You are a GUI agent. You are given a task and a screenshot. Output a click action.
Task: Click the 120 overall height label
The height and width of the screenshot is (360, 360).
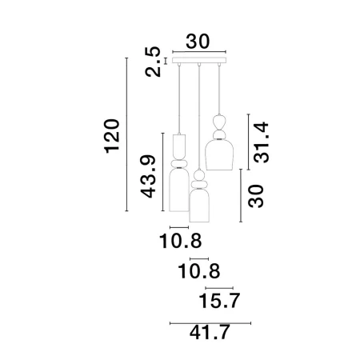[x=112, y=136]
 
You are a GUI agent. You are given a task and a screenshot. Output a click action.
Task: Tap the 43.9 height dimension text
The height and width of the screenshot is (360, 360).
[x=148, y=176]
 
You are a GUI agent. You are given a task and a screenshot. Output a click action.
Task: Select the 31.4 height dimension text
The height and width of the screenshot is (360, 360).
[x=261, y=142]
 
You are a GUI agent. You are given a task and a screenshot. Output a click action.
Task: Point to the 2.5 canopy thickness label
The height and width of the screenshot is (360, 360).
[x=153, y=62]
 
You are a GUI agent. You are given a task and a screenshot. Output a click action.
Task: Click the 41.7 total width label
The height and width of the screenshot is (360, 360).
[x=210, y=332]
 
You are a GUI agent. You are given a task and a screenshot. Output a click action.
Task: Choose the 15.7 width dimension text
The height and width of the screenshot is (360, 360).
[x=219, y=301]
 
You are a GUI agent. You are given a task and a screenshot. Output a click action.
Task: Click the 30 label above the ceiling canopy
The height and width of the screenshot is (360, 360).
[x=198, y=42]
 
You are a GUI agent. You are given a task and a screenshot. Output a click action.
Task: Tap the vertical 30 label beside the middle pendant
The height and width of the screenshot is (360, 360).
[x=256, y=196]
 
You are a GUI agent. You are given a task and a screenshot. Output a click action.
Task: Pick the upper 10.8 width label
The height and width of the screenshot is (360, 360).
[x=180, y=241]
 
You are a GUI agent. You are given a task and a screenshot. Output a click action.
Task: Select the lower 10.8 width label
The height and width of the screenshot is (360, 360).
[x=199, y=271]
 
